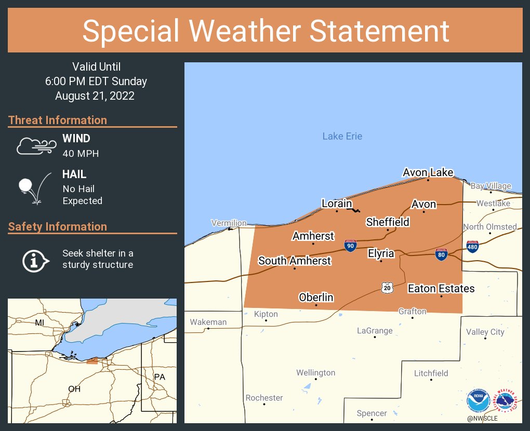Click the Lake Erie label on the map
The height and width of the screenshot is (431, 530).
pyautogui.click(x=342, y=136)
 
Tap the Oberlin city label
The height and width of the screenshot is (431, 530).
pyautogui.click(x=316, y=298)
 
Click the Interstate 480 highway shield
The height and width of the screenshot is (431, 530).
pyautogui.click(x=472, y=246)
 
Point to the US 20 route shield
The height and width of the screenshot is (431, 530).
pyautogui.click(x=387, y=287)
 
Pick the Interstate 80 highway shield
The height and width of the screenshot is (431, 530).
pyautogui.click(x=441, y=254)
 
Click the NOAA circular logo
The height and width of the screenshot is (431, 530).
pyautogui.click(x=478, y=401)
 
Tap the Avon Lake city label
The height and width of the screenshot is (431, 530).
pyautogui.click(x=428, y=172)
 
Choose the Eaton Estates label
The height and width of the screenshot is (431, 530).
pyautogui.click(x=441, y=288)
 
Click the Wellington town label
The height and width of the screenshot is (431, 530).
pyautogui.click(x=315, y=373)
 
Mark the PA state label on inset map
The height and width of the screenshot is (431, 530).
pyautogui.click(x=159, y=376)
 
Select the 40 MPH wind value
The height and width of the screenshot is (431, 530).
pyautogui.click(x=81, y=154)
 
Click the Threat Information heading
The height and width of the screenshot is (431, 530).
pyautogui.click(x=58, y=120)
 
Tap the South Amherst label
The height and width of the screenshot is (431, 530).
pyautogui.click(x=294, y=261)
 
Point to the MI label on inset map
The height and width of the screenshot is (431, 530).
pyautogui.click(x=39, y=322)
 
